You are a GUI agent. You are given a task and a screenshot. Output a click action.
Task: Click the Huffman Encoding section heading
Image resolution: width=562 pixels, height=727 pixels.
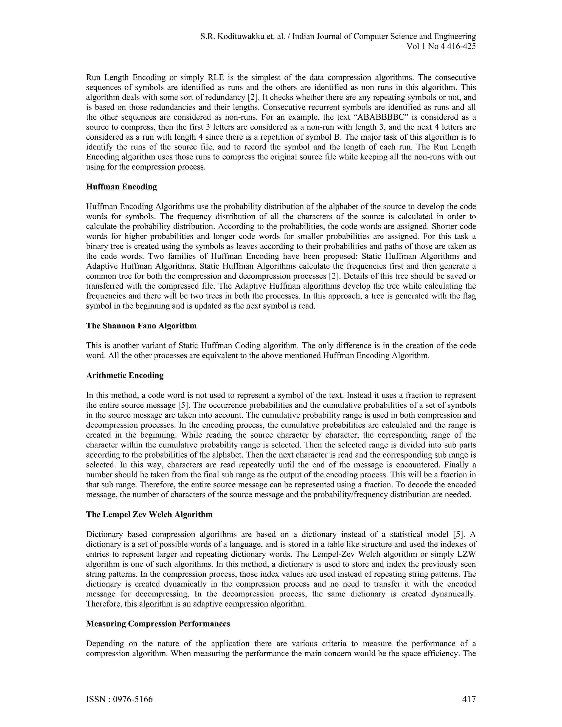(x=121, y=187)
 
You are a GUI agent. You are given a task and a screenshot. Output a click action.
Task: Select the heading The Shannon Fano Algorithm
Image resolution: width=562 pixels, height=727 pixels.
(x=141, y=326)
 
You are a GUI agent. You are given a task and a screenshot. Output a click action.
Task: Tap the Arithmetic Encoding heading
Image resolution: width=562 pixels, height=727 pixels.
(x=125, y=376)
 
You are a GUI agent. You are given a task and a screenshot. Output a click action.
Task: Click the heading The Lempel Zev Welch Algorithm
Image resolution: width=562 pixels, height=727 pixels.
(x=149, y=515)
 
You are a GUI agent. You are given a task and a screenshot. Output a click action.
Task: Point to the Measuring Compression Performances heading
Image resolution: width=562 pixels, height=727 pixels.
(x=158, y=624)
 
